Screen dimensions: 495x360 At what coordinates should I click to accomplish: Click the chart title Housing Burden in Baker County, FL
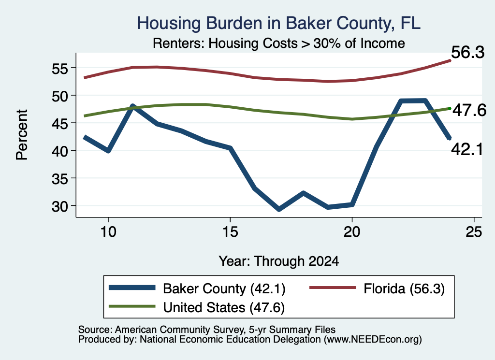[279, 23]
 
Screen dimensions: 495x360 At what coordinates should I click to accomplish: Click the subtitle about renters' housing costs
[279, 43]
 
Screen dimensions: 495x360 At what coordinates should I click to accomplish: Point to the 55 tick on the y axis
[59, 68]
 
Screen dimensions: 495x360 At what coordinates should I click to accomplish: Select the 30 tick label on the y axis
[59, 206]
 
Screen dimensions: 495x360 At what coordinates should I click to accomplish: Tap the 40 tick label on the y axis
[59, 151]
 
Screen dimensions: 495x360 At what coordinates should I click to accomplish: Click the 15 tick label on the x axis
[230, 232]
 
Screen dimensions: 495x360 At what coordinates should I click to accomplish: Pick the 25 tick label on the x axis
[474, 232]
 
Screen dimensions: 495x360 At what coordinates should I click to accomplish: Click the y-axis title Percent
[22, 135]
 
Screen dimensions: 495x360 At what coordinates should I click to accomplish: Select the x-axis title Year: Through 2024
[279, 261]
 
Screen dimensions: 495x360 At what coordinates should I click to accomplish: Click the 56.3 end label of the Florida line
[467, 52]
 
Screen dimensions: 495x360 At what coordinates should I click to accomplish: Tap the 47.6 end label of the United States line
[469, 111]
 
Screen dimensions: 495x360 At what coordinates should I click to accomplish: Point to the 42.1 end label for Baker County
[467, 149]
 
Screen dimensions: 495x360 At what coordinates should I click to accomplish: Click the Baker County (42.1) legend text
[224, 288]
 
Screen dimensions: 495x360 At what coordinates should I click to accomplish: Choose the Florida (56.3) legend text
[404, 288]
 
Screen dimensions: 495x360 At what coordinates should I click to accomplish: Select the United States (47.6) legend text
[224, 307]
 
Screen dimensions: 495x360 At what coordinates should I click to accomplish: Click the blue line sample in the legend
[132, 288]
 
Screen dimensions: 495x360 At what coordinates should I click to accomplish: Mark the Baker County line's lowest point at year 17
[279, 209]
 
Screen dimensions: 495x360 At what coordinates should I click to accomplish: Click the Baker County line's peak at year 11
[133, 106]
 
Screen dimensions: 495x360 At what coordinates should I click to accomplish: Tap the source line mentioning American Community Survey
[207, 330]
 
